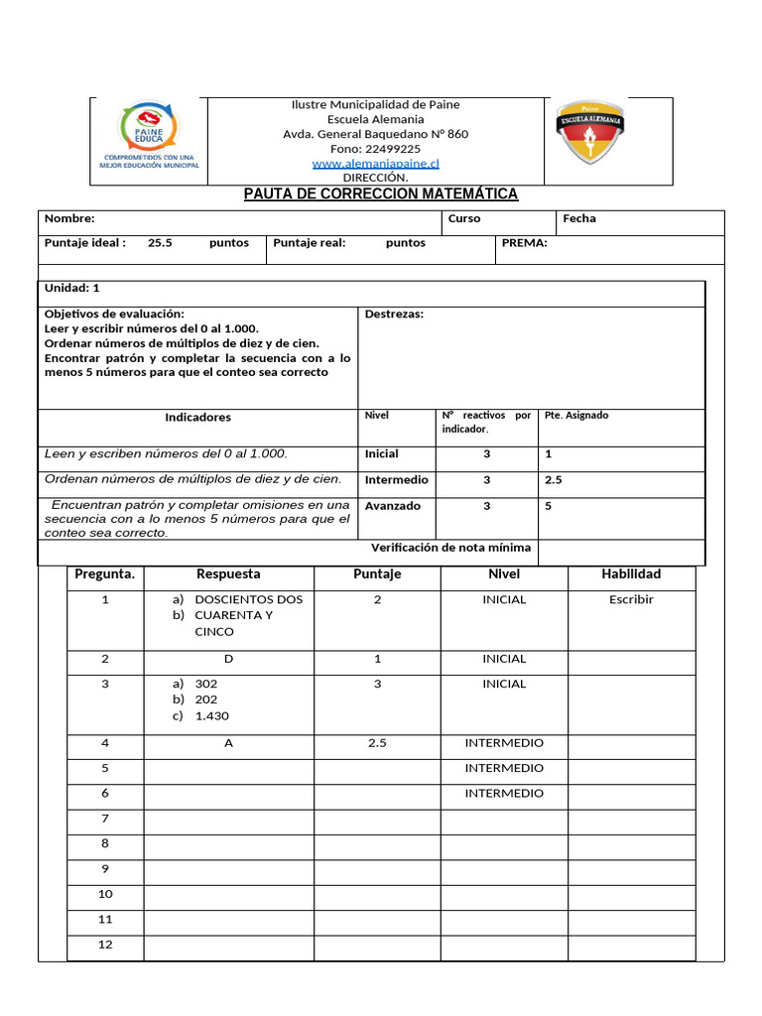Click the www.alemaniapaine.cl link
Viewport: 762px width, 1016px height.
[x=375, y=163]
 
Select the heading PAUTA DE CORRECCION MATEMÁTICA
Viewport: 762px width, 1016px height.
[x=381, y=194]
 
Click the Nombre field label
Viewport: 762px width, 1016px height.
[x=69, y=218]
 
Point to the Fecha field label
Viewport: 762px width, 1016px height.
[x=579, y=218]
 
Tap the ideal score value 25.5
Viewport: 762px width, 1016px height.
[x=160, y=243]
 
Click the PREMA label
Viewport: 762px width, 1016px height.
[x=524, y=243]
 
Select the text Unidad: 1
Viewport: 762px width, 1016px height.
[x=72, y=288]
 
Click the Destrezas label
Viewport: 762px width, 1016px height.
[x=394, y=315]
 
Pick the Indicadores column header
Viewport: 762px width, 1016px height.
[x=197, y=418]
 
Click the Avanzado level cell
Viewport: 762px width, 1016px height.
[x=393, y=506]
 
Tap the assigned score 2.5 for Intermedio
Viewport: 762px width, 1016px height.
[x=554, y=480]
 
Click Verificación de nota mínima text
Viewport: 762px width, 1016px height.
[x=450, y=548]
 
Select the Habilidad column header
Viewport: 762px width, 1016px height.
[x=631, y=573]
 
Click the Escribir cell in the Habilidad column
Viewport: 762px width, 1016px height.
[x=631, y=599]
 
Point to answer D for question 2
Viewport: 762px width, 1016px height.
[x=228, y=659]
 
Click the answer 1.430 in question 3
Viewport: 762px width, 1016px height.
[x=211, y=716]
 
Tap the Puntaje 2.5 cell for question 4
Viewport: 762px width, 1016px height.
[x=377, y=743]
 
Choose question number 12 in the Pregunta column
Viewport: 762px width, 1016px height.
[x=105, y=945]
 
